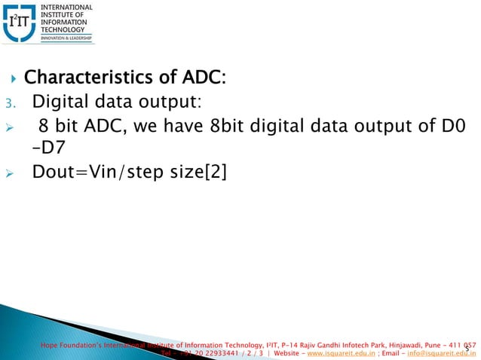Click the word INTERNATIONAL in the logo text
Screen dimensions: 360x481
point(72,7)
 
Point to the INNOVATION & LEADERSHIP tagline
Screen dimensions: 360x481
point(72,38)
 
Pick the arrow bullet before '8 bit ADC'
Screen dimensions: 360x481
point(10,126)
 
